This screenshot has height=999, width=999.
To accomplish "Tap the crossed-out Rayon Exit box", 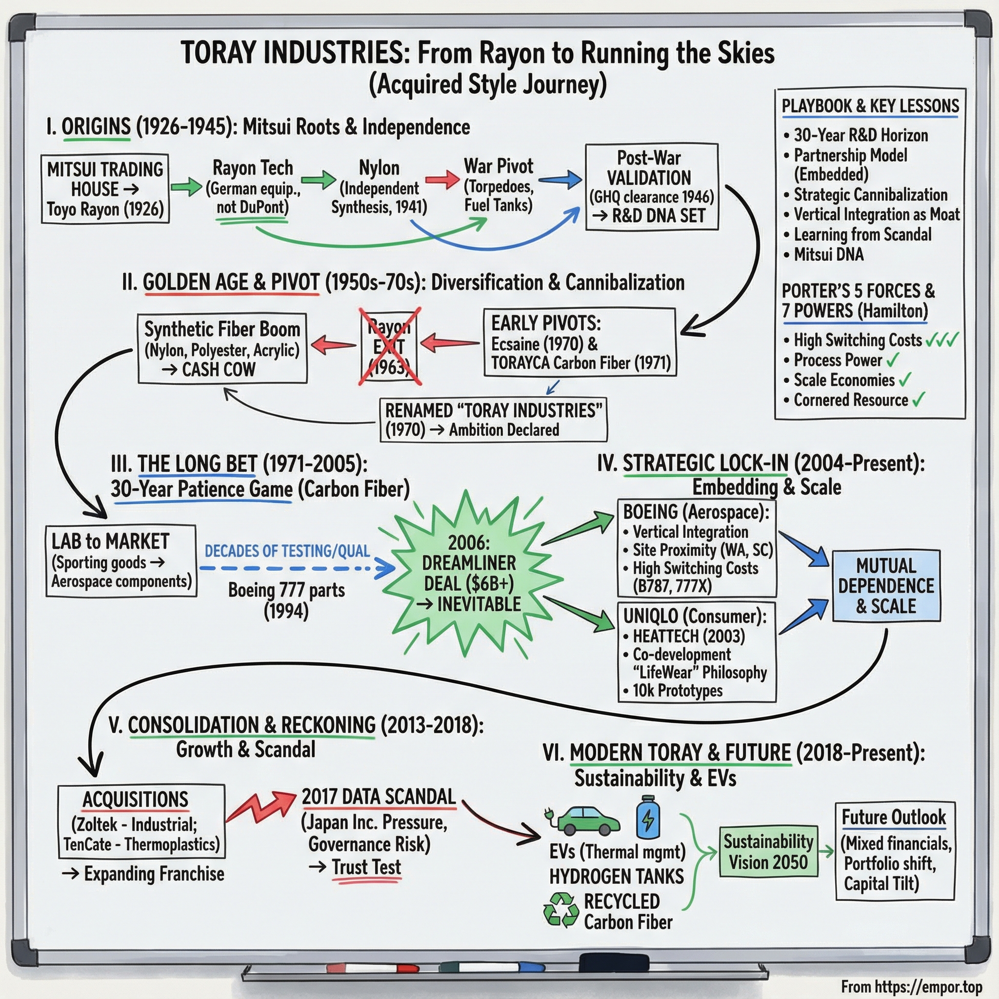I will [x=389, y=347].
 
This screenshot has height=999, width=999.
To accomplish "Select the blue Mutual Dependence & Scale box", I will [x=886, y=586].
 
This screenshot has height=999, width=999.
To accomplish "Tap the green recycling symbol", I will [x=560, y=910].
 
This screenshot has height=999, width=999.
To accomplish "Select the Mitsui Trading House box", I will [x=105, y=189].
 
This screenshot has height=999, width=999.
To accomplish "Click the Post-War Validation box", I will [x=652, y=187].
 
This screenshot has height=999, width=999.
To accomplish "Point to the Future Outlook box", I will [x=895, y=851].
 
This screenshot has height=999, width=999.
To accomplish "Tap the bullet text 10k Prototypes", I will [x=678, y=690].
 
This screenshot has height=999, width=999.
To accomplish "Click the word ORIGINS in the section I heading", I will [x=96, y=127].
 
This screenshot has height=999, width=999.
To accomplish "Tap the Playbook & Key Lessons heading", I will [x=870, y=106].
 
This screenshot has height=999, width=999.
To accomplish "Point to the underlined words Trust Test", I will [x=366, y=867].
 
